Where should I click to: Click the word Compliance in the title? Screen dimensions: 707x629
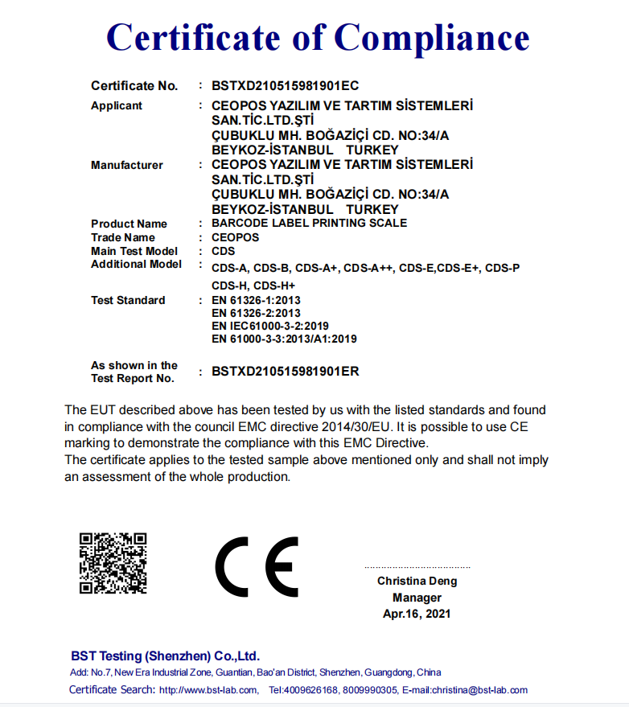(x=432, y=38)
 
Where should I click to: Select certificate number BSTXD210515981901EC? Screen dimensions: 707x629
(x=285, y=85)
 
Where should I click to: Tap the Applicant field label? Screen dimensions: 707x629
(x=117, y=105)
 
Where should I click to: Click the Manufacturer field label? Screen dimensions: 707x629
(x=127, y=165)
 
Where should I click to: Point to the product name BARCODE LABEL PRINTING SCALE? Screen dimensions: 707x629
(x=309, y=223)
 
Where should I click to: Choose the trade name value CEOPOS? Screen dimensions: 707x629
(x=235, y=237)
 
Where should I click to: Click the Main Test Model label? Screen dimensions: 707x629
(x=134, y=251)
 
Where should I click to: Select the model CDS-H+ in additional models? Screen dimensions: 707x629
(x=274, y=286)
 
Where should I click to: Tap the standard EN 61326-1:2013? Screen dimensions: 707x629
(x=256, y=300)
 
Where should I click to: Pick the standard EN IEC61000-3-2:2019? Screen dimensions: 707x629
(x=269, y=326)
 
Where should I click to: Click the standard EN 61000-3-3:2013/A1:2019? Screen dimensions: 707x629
(x=284, y=339)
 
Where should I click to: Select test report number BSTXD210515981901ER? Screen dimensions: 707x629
(x=285, y=372)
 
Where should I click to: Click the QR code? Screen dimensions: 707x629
(x=113, y=563)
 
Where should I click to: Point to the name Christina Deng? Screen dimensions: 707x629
(x=417, y=581)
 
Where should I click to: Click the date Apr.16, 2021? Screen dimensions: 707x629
(x=417, y=614)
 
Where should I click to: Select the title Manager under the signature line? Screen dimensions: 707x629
(x=417, y=598)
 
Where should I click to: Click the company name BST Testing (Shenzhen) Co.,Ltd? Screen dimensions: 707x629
(x=165, y=656)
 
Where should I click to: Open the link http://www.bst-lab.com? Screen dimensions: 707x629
(x=208, y=690)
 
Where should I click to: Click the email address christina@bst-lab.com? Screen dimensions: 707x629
(x=479, y=690)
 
